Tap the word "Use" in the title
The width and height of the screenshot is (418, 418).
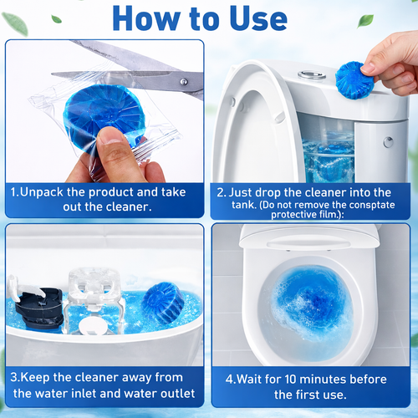[268, 18]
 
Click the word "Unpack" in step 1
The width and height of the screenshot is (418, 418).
[46, 191]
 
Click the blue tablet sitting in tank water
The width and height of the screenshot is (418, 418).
[162, 300]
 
